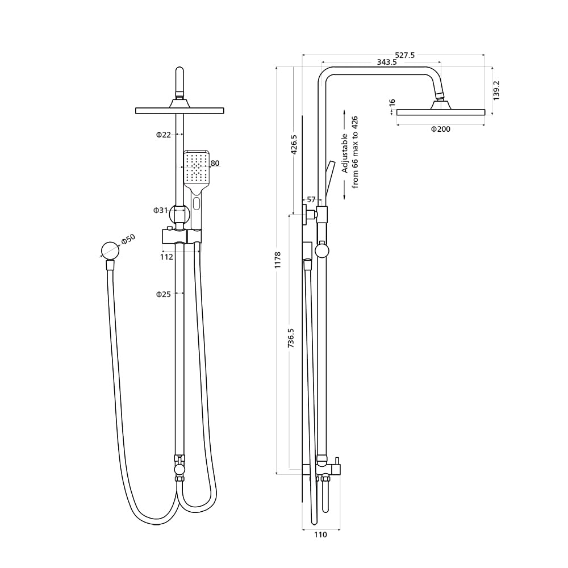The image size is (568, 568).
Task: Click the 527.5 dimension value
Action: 405,55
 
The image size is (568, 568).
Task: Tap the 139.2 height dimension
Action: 496,90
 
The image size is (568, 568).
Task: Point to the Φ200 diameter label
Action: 440,130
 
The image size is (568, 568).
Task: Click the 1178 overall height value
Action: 278,260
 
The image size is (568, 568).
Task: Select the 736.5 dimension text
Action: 291,338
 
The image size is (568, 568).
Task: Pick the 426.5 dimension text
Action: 294,145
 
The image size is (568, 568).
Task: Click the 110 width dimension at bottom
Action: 320,534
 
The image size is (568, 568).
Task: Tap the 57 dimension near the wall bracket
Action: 311,199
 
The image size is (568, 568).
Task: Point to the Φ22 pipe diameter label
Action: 164,135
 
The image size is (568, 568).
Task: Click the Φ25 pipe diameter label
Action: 164,294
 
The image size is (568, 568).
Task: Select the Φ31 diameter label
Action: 161,210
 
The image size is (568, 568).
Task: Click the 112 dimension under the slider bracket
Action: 166,257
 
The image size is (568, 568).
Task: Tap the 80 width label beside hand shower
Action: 215,164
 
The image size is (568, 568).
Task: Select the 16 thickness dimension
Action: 392,102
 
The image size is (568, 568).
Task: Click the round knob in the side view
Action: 322,250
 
